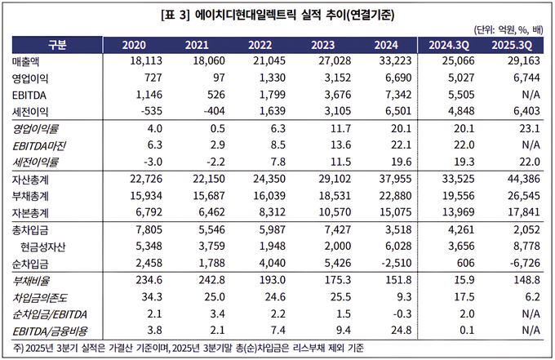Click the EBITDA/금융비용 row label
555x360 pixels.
tap(51, 330)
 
